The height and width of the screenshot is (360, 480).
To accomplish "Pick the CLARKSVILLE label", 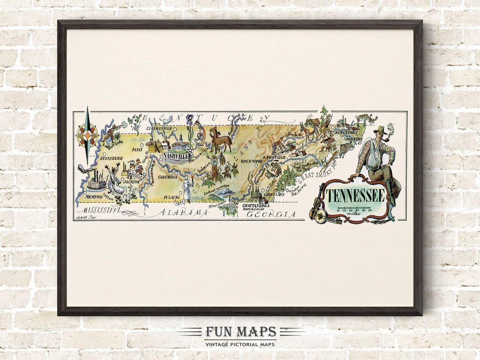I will tap(159, 128).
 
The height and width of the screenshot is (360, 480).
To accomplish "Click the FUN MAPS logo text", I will tap(240, 332).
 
